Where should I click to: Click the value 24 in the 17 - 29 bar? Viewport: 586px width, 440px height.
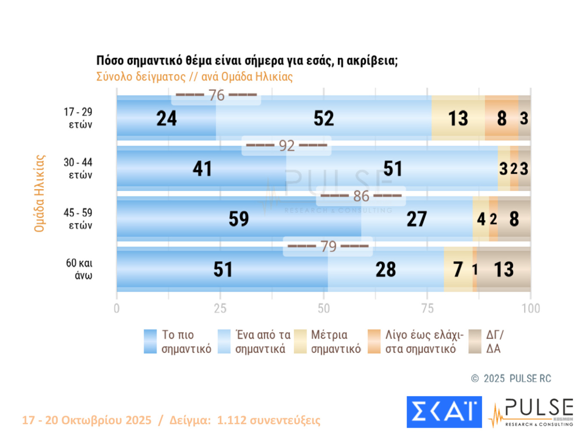coord(166,118)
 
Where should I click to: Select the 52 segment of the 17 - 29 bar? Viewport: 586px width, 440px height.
coord(324,118)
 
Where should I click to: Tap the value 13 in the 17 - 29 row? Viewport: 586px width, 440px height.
coord(458,118)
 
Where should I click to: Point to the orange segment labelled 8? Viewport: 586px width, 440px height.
coord(502,118)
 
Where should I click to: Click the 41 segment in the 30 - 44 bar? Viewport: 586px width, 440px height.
coord(202,169)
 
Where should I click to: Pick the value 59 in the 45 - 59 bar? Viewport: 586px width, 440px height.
coord(239,219)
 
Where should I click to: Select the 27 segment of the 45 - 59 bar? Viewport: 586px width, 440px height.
coord(417,219)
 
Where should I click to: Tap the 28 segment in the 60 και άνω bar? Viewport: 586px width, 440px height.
coord(386,270)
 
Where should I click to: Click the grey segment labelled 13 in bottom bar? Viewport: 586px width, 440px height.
coord(503,270)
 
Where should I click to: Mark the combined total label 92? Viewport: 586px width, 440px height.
coord(287,146)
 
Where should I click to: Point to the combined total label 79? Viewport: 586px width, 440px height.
coord(328,246)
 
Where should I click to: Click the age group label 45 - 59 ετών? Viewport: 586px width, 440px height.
coord(78,219)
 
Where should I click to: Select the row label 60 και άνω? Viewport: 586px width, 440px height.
coord(79,269)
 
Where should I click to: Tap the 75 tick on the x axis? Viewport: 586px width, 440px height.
coord(427,308)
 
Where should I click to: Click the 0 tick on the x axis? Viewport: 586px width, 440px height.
coord(117,308)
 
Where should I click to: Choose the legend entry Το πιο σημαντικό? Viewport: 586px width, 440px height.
coord(178,342)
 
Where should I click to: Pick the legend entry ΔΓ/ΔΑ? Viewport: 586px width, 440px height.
coord(487,342)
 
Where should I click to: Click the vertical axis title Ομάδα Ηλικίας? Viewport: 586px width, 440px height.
coord(40,193)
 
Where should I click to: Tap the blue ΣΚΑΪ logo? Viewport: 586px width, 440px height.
coord(444,412)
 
